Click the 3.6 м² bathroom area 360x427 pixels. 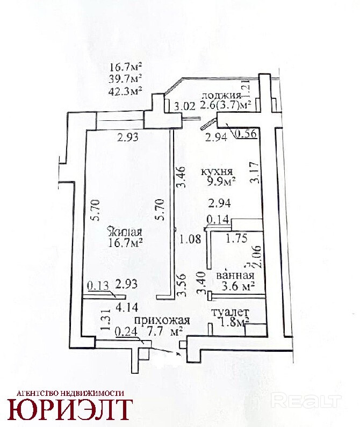click(x=235, y=287)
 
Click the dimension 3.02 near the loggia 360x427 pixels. click(x=184, y=106)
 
